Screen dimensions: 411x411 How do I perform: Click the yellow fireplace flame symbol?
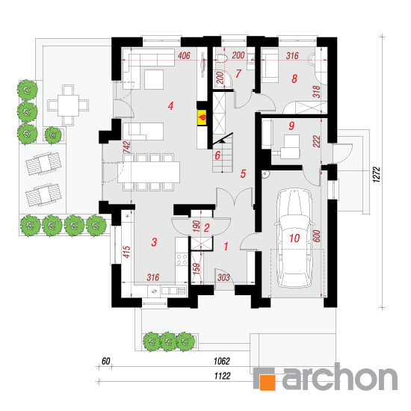[202, 117]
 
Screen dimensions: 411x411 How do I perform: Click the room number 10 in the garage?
[294, 238]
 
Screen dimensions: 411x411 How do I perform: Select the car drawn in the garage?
[294, 238]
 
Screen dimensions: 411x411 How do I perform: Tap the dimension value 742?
[127, 147]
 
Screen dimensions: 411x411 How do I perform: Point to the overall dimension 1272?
[376, 174]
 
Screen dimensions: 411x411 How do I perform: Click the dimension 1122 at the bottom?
[222, 376]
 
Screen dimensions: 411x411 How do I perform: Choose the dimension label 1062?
[222, 361]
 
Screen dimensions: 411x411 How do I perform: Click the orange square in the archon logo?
[268, 383]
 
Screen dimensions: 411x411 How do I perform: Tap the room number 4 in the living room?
[170, 106]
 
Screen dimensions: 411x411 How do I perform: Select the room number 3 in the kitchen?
[154, 242]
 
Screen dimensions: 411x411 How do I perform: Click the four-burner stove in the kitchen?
[182, 259]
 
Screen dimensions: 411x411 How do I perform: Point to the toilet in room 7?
[221, 58]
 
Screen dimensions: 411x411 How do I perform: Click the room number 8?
[294, 78]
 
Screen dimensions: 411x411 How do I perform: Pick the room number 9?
[291, 126]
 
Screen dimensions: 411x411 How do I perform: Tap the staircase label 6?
[217, 155]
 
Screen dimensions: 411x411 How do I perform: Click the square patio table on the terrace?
[68, 105]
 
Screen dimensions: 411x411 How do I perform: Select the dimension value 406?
[184, 55]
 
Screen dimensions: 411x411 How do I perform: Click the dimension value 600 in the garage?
[317, 236]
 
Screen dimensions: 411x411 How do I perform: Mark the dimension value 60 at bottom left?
[105, 361]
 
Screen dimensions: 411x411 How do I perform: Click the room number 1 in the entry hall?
[226, 247]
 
